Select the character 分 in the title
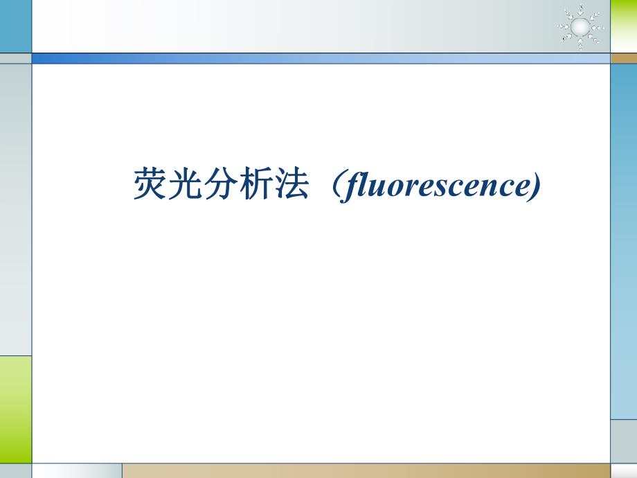pyautogui.click(x=221, y=184)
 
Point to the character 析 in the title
pyautogui.click(x=256, y=184)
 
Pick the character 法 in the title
pyautogui.click(x=291, y=184)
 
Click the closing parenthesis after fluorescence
pyautogui.click(x=532, y=186)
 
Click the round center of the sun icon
pyautogui.click(x=580, y=26)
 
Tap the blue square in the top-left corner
pyautogui.click(x=15, y=26)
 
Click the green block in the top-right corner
pyautogui.click(x=623, y=26)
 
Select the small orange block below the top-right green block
pyautogui.click(x=623, y=58)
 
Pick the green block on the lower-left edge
pyautogui.click(x=15, y=409)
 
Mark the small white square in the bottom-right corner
pyautogui.click(x=623, y=471)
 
